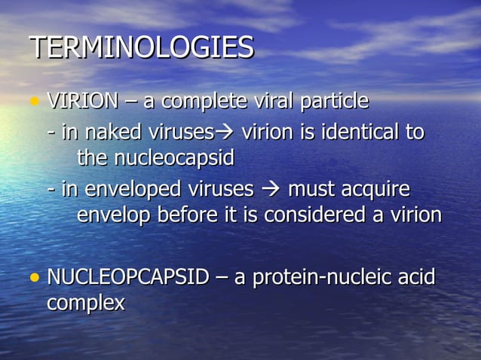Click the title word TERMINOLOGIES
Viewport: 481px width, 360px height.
[142, 48]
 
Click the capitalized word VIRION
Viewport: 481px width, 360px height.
[83, 100]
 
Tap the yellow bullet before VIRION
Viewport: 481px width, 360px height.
[34, 102]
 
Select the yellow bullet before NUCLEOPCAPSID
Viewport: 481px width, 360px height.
[34, 278]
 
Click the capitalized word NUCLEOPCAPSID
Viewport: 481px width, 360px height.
[127, 277]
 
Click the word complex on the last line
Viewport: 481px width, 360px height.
[86, 304]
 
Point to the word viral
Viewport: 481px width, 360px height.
[271, 100]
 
